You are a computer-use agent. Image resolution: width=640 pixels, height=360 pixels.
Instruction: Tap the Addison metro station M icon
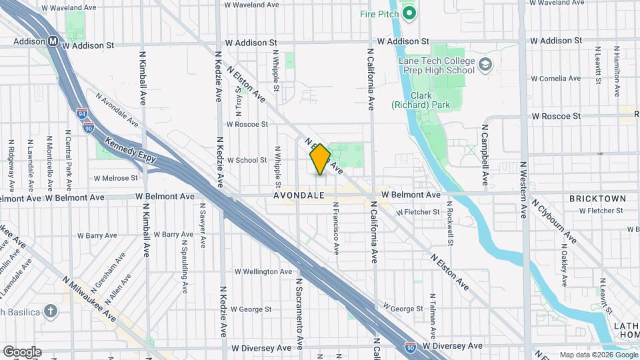52,41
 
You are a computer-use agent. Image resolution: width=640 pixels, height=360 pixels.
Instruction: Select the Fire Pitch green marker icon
408,13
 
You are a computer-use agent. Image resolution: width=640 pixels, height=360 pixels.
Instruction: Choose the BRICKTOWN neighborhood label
597,199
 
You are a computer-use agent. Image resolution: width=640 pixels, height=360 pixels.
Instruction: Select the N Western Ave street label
525,191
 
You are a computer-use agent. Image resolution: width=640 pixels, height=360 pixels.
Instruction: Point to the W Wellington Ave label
263,272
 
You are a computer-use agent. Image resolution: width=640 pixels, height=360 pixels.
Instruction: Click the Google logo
22,351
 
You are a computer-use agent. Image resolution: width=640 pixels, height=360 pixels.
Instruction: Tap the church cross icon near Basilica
51,311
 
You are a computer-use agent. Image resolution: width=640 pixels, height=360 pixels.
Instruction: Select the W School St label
247,160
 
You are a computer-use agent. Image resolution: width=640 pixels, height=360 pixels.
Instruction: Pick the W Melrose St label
115,178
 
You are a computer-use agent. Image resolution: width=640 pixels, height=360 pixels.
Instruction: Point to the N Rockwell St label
451,226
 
